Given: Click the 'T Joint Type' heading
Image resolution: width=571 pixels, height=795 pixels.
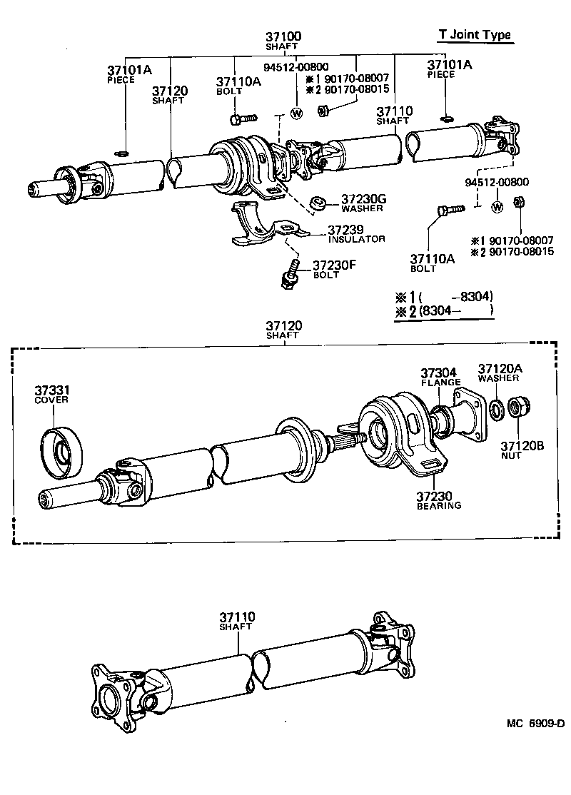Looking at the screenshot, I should point(474,35).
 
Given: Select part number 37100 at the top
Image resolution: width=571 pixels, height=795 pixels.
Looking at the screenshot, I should point(283,36).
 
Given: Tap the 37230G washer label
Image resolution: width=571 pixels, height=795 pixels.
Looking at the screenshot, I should point(363,198).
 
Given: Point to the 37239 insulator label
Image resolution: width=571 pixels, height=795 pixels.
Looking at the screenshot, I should point(347,230).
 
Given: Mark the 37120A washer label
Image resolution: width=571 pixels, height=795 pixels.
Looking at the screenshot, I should point(500,368).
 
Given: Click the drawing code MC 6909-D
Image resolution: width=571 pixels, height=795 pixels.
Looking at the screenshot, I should point(535,723).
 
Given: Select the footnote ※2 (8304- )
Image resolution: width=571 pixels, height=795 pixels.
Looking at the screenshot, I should point(443,311).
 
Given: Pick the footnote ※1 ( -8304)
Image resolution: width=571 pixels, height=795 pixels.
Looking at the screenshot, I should point(443,296).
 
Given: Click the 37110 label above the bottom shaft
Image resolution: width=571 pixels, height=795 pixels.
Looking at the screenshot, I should point(237,617).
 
